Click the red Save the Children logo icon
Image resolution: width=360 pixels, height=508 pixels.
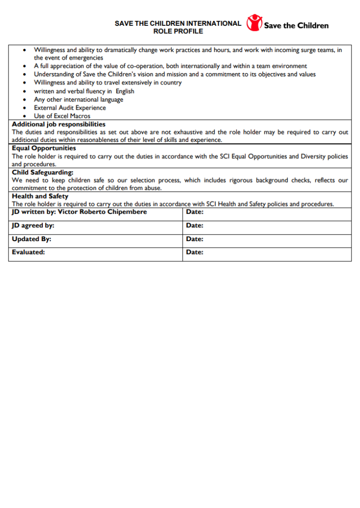(254, 23)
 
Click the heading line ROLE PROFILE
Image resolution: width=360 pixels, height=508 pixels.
(178, 31)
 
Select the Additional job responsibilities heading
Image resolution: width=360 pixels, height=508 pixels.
(59, 124)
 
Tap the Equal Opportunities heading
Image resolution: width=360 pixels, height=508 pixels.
(44, 148)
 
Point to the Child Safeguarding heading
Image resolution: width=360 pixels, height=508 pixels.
(43, 172)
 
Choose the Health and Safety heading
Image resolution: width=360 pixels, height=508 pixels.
(40, 196)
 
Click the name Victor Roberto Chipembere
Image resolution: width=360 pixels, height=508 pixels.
(102, 212)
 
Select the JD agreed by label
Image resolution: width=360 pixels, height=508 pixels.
(33, 225)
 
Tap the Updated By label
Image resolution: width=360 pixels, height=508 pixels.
(31, 239)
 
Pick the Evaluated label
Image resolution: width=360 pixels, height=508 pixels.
(28, 252)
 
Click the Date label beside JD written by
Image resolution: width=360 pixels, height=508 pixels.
(195, 212)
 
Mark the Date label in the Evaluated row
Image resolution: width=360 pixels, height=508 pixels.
(195, 252)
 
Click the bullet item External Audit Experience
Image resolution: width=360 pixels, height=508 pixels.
(70, 108)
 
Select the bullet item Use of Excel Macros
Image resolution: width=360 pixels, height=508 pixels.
(62, 116)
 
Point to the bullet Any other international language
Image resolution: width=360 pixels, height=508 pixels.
(78, 99)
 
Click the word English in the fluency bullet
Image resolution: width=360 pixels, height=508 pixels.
(125, 91)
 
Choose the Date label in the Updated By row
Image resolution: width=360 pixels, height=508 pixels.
(195, 239)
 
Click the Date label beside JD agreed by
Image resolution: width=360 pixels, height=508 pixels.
(195, 225)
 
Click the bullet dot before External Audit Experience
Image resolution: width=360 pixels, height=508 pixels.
(25, 108)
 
